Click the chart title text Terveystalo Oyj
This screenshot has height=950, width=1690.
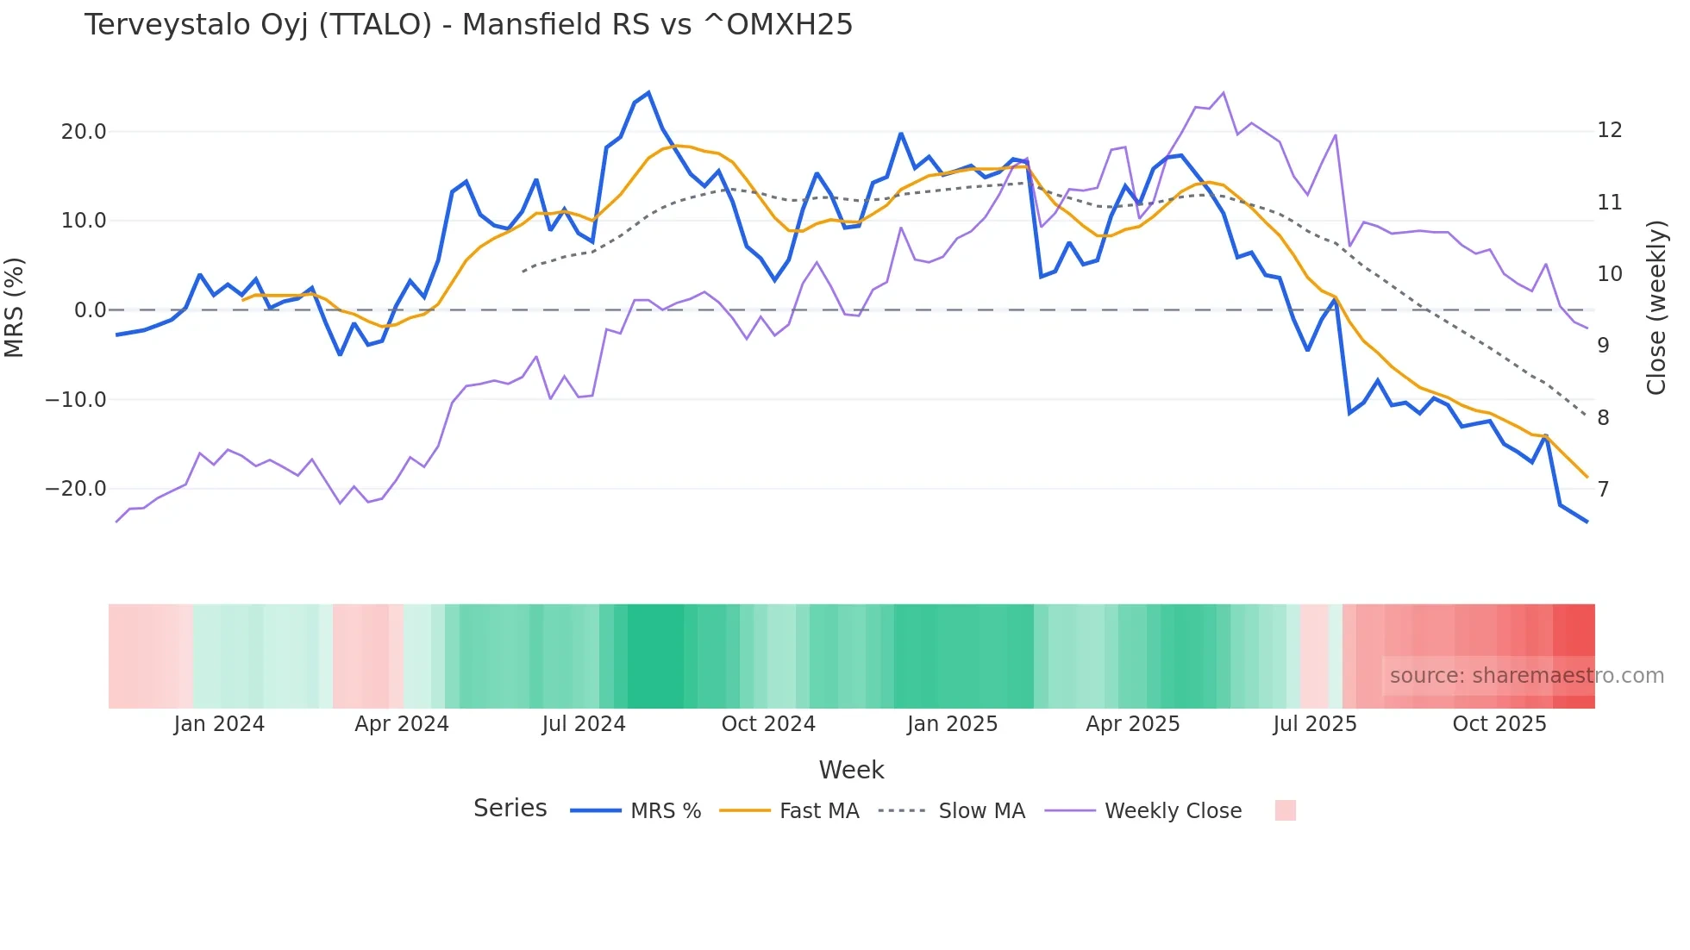click(x=468, y=25)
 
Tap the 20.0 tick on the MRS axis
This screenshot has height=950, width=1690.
click(x=84, y=132)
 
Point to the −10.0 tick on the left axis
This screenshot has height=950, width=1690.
click(x=76, y=400)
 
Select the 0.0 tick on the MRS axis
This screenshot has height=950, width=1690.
click(x=90, y=310)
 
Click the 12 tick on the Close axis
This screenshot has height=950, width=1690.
click(x=1609, y=130)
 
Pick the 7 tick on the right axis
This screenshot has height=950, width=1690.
click(x=1603, y=490)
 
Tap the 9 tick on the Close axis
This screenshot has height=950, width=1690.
click(x=1603, y=346)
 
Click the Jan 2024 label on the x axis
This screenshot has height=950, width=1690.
click(x=219, y=724)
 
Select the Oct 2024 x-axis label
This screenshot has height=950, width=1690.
click(x=768, y=724)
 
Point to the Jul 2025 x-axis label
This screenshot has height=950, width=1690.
click(x=1315, y=724)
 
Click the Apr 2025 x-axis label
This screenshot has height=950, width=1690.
click(x=1132, y=724)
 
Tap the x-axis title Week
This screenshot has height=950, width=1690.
click(x=851, y=770)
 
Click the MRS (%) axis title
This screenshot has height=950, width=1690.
click(x=15, y=308)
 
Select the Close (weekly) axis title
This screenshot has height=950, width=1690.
click(x=1656, y=308)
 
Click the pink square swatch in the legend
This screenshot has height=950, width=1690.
click(x=1285, y=810)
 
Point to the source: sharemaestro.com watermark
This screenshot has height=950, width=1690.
click(x=1526, y=676)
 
